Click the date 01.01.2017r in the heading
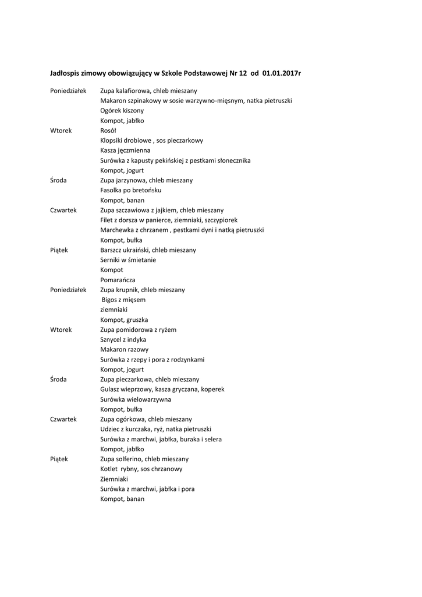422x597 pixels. pyautogui.click(x=282, y=73)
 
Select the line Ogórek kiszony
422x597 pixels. pyautogui.click(x=122, y=111)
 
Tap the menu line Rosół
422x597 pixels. pyautogui.click(x=108, y=131)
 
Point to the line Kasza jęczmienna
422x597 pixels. pyautogui.click(x=125, y=150)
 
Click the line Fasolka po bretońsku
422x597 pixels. pyautogui.click(x=130, y=190)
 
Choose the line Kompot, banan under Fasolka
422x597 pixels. pyautogui.click(x=122, y=200)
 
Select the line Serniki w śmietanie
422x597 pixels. pyautogui.click(x=128, y=260)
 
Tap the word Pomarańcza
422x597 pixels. pyautogui.click(x=118, y=280)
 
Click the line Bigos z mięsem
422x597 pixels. pyautogui.click(x=123, y=300)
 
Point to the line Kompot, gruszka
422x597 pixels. pyautogui.click(x=124, y=319)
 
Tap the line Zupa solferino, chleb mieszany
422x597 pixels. pyautogui.click(x=144, y=459)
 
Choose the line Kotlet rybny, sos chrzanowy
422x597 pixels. pyautogui.click(x=141, y=469)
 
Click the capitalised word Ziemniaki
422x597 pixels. pyautogui.click(x=114, y=479)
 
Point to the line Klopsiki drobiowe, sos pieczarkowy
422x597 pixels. pyautogui.click(x=151, y=141)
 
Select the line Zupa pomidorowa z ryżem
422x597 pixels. pyautogui.click(x=138, y=329)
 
